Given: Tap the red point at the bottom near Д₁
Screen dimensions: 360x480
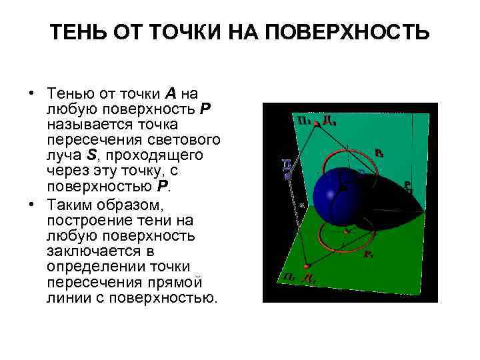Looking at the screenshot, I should (306, 266).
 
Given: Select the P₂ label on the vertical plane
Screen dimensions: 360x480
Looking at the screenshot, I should (379, 153).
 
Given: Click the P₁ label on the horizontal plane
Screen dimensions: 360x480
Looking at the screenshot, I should (367, 255).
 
